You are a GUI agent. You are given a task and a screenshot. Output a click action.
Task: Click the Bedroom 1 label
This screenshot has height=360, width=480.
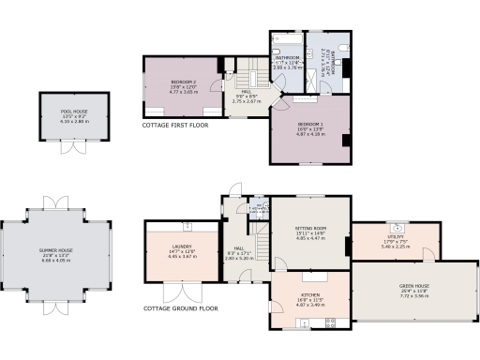coord(309,128)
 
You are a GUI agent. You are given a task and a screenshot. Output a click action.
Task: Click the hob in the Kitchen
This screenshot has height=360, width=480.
coord(328,323)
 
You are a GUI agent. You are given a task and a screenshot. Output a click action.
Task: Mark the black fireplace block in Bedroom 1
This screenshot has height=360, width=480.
coord(347,141)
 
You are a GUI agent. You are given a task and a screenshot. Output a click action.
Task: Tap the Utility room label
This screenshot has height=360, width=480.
coord(398,242)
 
